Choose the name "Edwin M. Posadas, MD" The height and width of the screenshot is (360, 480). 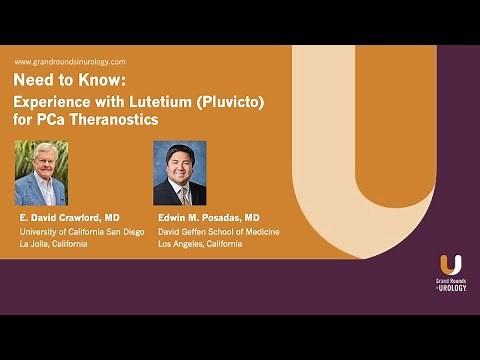click(x=208, y=217)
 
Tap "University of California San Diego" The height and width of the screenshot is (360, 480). click(x=81, y=232)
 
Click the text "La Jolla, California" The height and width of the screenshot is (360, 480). click(x=53, y=245)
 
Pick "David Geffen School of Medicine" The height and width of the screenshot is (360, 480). click(x=216, y=232)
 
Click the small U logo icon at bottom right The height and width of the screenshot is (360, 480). click(x=450, y=265)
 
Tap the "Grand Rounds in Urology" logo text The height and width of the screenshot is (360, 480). click(x=450, y=284)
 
